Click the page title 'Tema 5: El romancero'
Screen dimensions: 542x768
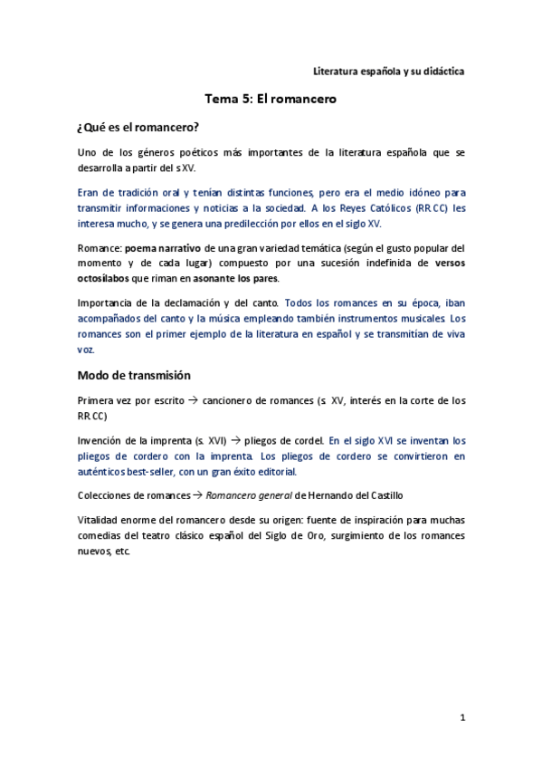tap(271, 100)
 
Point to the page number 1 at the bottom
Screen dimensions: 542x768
tap(461, 717)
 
